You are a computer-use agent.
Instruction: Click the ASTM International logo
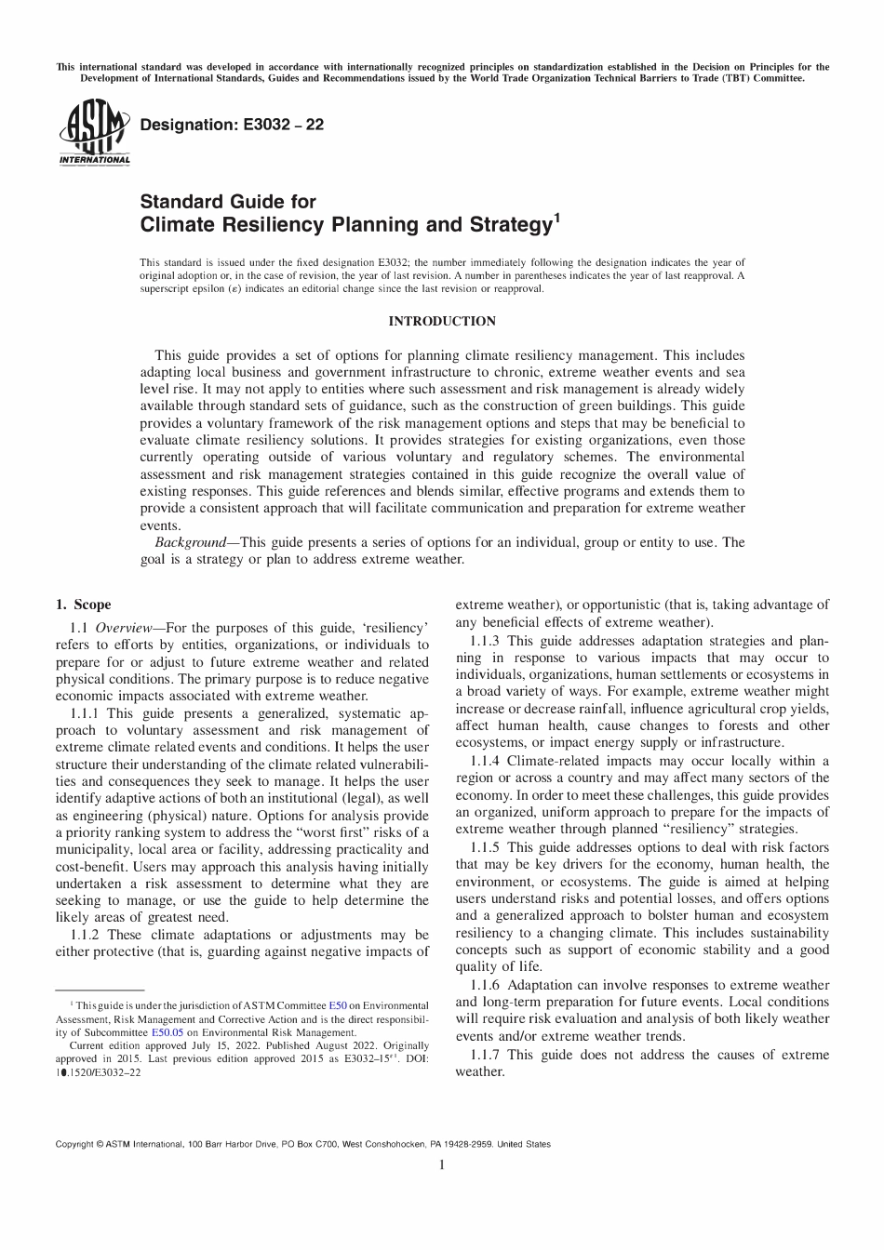click(94, 136)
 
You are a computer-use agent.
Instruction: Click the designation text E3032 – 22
click(231, 124)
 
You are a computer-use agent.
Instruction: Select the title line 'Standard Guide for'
click(228, 202)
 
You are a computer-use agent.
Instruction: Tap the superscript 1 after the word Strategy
click(556, 219)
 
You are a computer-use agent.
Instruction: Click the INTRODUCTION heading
click(442, 322)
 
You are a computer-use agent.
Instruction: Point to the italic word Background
click(190, 542)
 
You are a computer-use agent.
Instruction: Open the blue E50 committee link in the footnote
click(338, 1005)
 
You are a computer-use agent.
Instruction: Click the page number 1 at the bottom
click(442, 1164)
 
